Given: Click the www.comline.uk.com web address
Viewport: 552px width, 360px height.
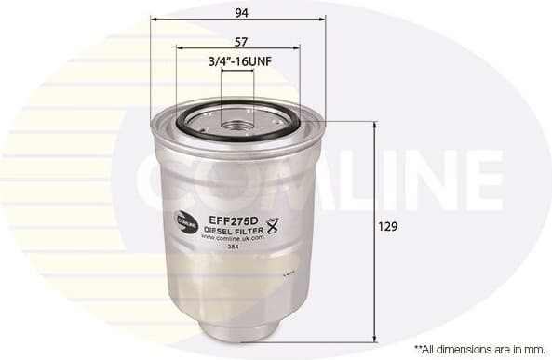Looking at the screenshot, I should click(233, 236).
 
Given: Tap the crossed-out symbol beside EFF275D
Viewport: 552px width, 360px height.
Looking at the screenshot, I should click(273, 222).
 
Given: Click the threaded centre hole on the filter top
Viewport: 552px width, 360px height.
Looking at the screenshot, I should click(236, 120).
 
